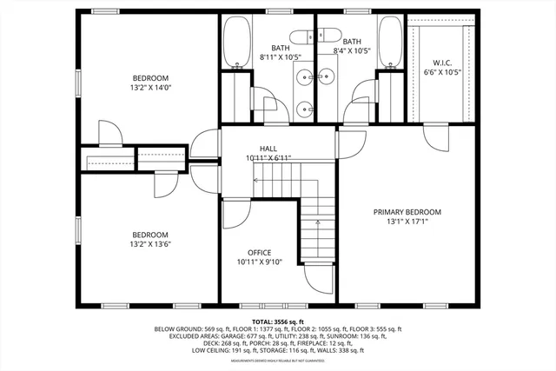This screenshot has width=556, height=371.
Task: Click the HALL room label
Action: tap(268, 149)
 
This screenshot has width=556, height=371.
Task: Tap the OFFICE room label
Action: tap(260, 253)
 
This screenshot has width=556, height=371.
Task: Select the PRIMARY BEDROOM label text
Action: tap(407, 212)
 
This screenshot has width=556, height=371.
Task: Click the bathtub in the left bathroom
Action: tap(235, 42)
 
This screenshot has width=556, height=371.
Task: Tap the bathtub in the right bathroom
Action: tap(390, 42)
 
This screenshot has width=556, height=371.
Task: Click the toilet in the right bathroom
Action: tap(327, 35)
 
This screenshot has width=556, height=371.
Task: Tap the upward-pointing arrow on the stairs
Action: tap(318, 224)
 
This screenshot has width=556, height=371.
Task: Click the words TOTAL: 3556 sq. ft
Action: tap(277, 321)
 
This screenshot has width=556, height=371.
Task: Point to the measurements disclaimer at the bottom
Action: tap(277, 359)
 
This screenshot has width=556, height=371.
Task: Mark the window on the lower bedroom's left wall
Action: tap(78, 228)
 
